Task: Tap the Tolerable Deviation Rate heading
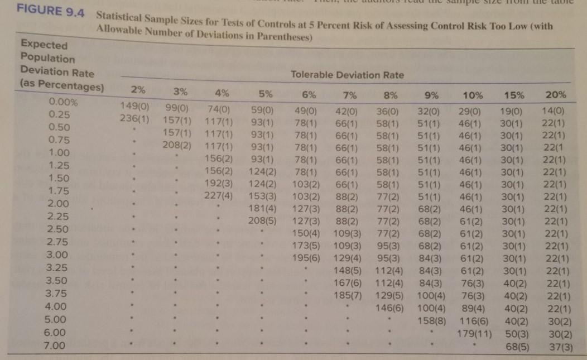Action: (x=348, y=75)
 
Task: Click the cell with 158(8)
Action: (x=432, y=321)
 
